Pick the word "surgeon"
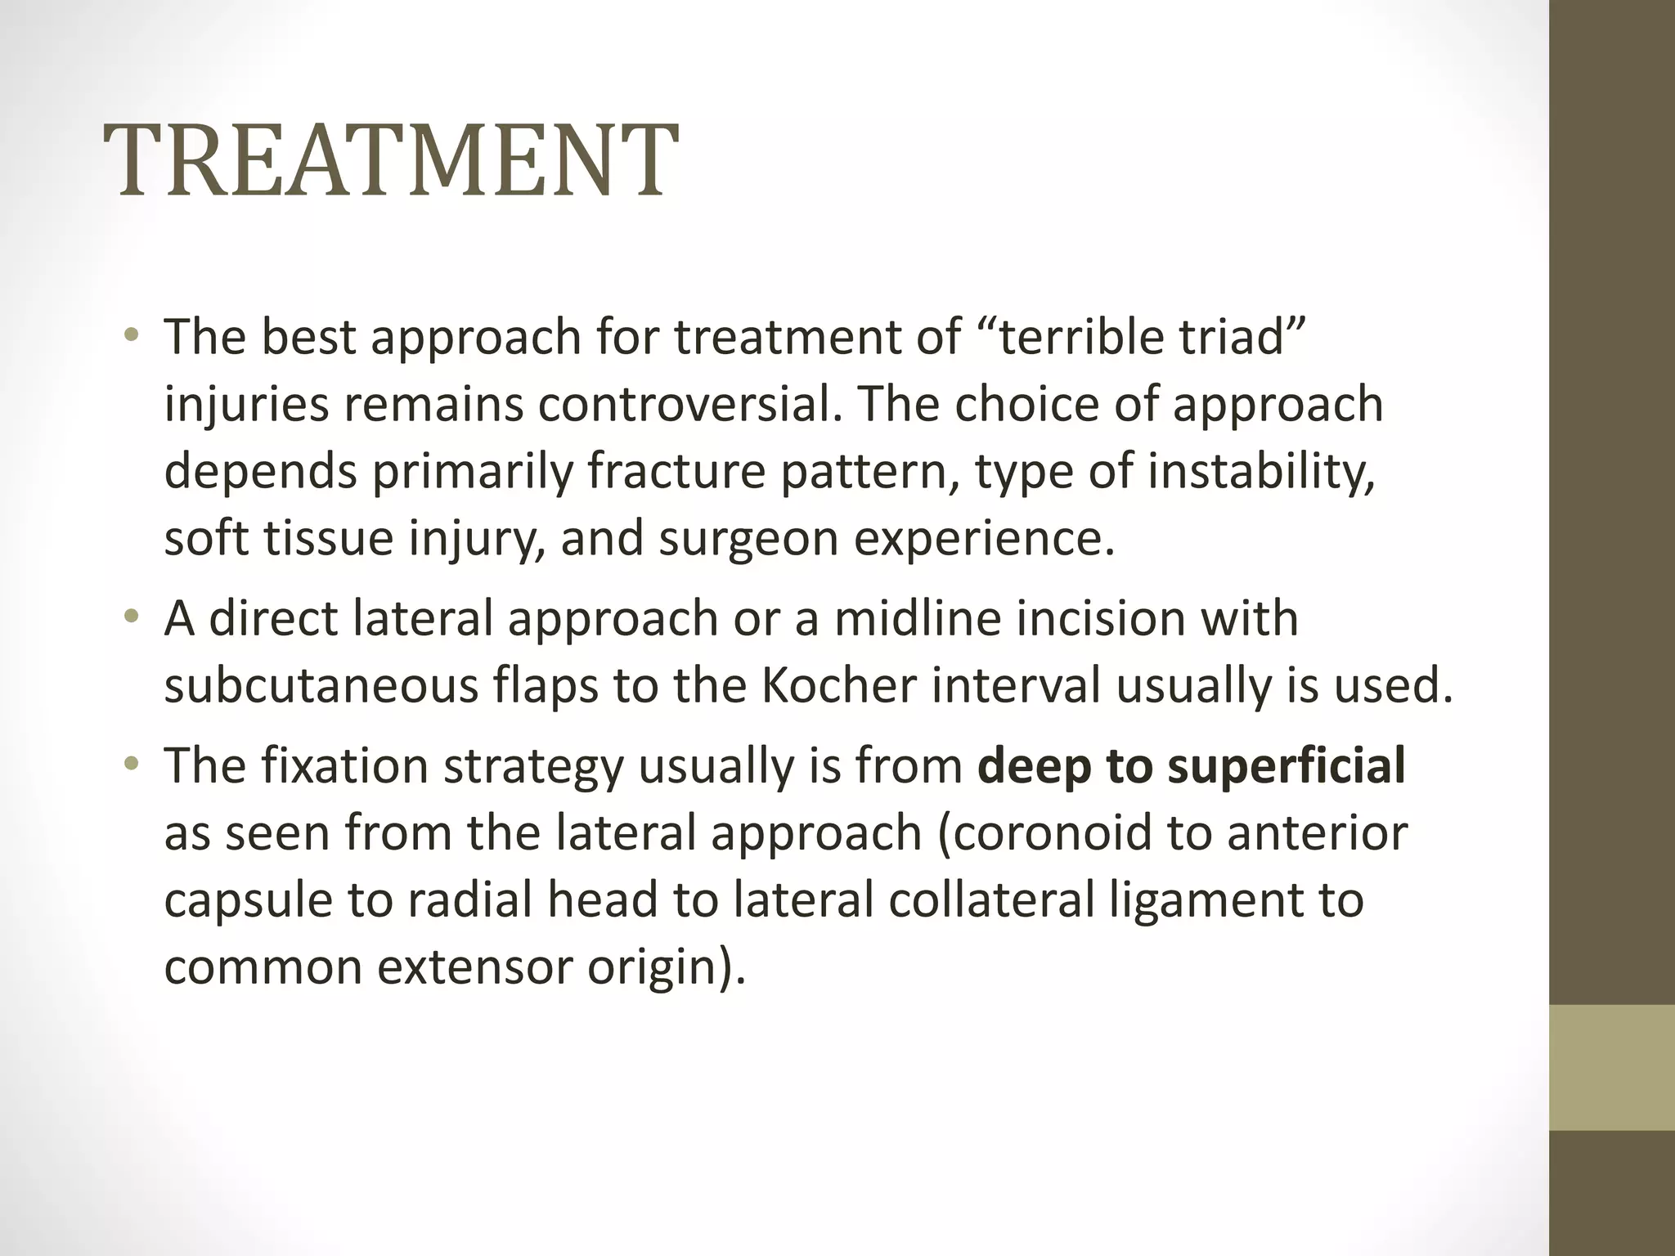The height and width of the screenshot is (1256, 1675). click(x=748, y=539)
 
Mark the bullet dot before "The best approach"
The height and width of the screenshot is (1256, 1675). click(x=132, y=336)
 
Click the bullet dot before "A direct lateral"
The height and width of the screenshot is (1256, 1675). click(x=132, y=618)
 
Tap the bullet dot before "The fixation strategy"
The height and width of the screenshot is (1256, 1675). click(x=132, y=766)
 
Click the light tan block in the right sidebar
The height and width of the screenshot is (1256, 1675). click(x=1611, y=1067)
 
